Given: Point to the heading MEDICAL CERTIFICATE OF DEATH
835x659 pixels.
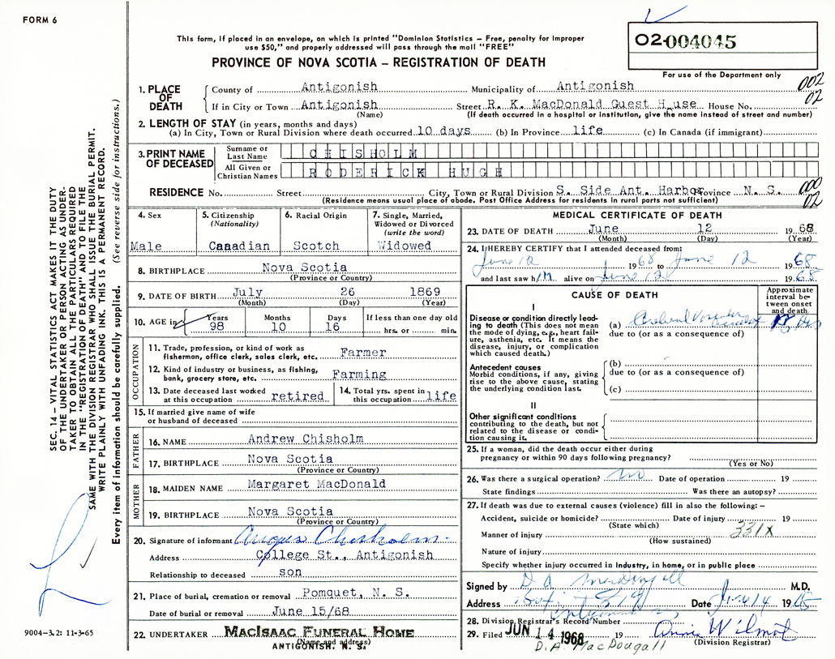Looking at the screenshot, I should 636,216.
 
